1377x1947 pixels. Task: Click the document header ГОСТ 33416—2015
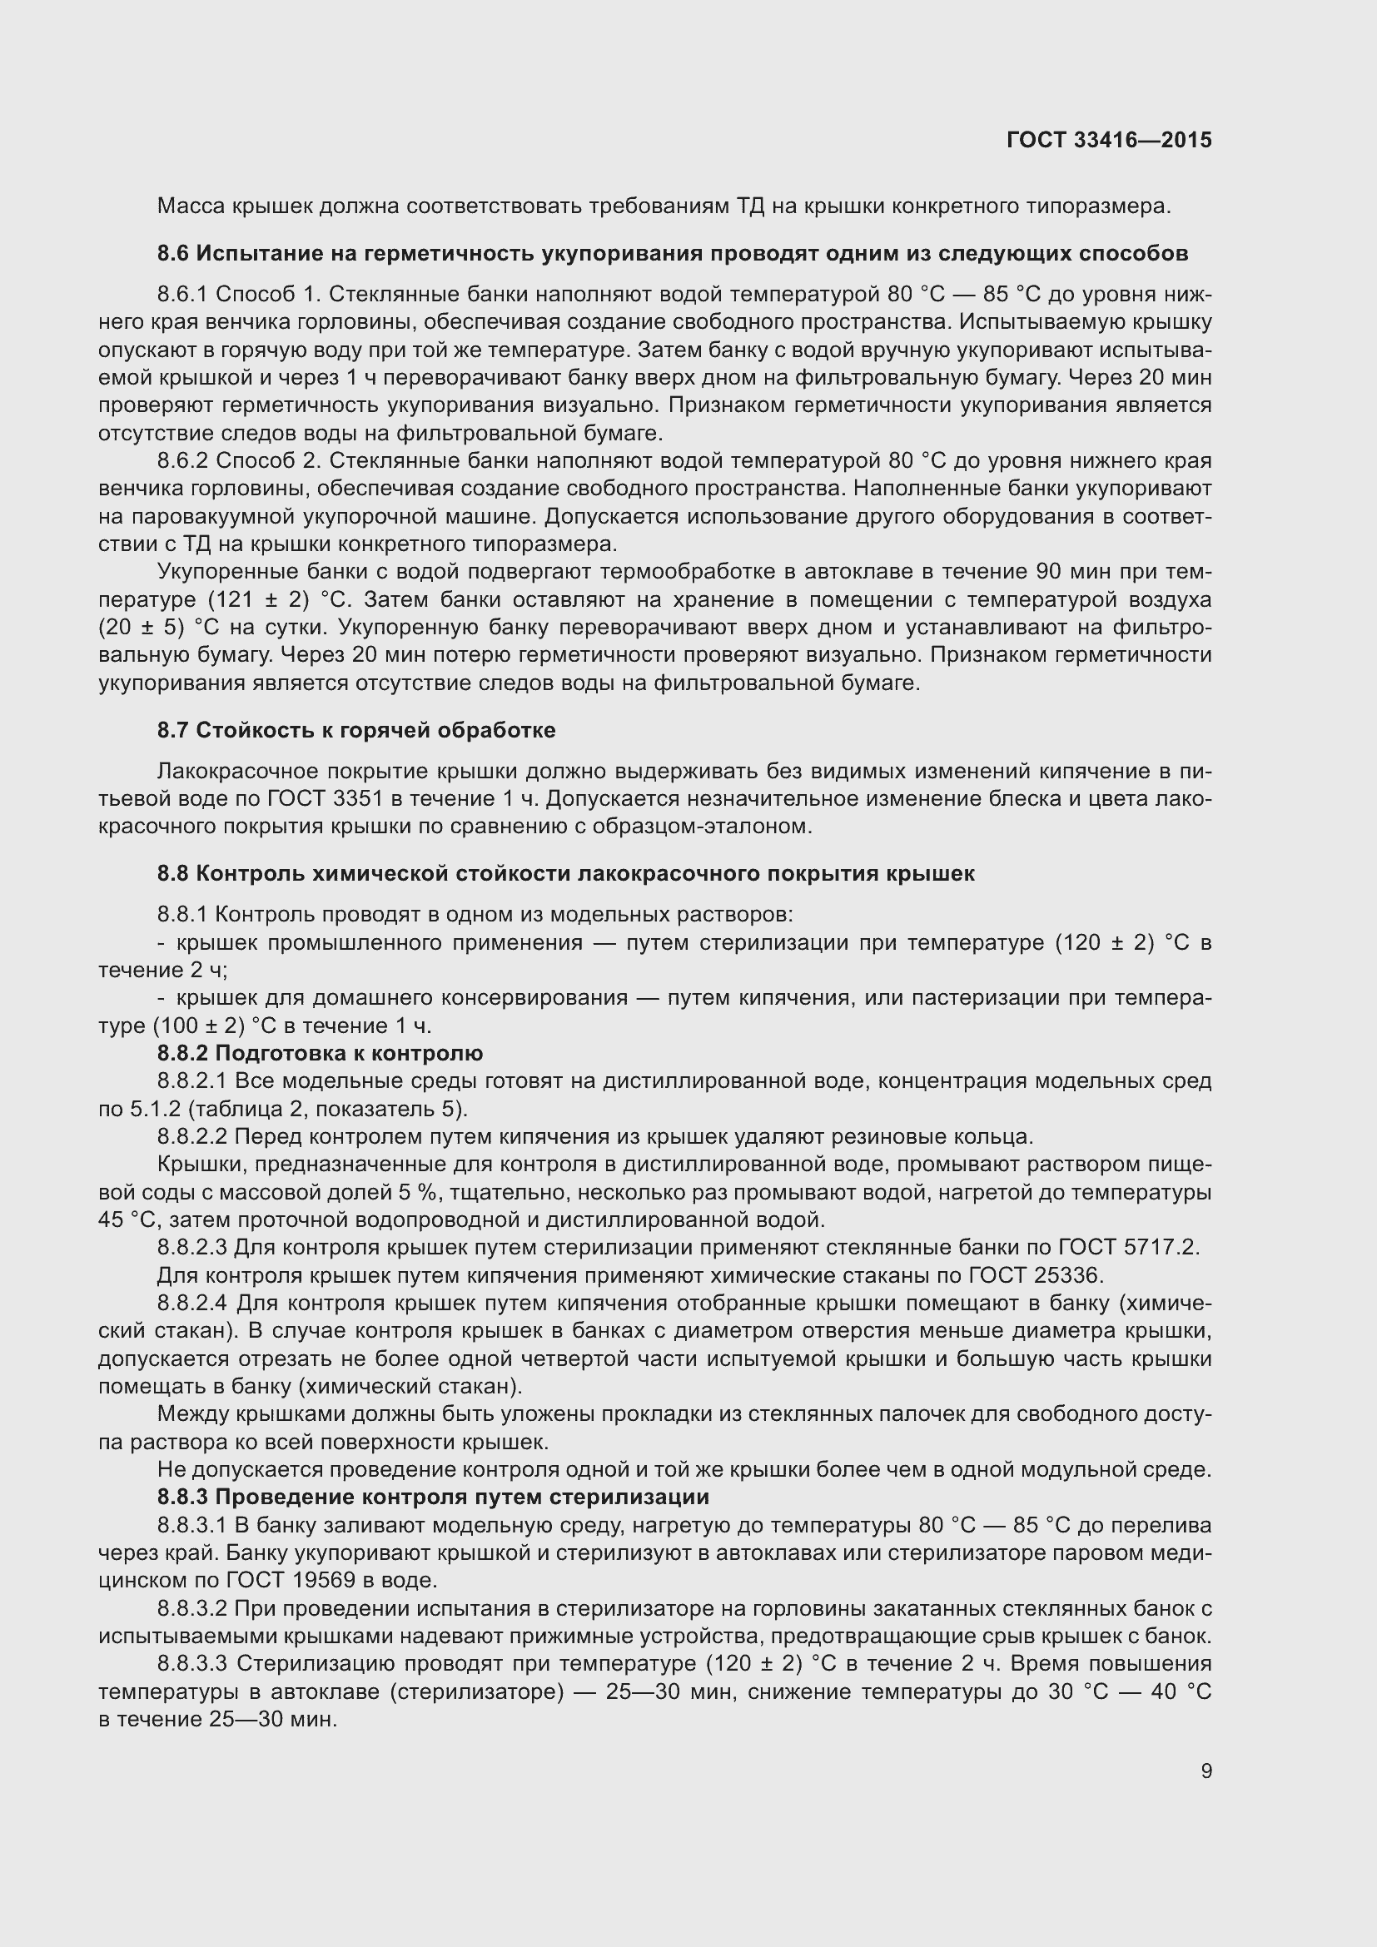(x=1109, y=140)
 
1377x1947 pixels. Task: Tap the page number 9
(x=1205, y=1771)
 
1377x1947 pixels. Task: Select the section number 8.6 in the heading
(x=173, y=254)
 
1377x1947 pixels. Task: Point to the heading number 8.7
(x=173, y=730)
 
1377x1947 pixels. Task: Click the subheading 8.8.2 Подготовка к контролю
(x=320, y=1053)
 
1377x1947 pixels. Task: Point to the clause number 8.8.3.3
(x=192, y=1664)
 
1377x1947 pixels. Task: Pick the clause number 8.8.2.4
(x=192, y=1304)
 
